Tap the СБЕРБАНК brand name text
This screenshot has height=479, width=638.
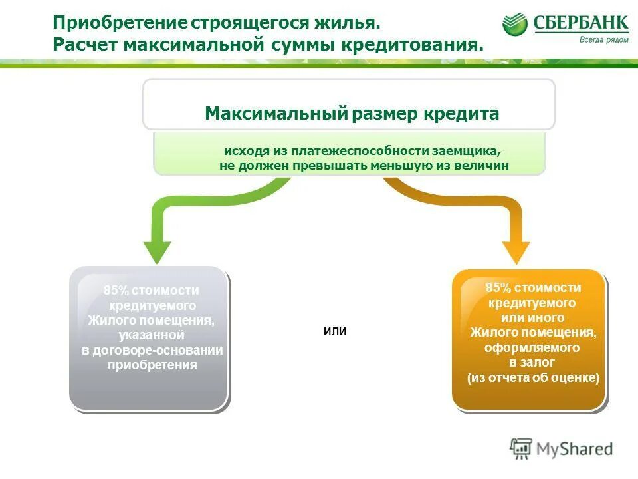pyautogui.click(x=580, y=23)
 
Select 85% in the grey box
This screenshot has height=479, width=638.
pyautogui.click(x=116, y=291)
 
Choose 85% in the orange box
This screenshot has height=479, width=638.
pyautogui.click(x=498, y=288)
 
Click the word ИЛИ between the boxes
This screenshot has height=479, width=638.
pyautogui.click(x=335, y=331)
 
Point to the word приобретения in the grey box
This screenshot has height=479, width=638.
pyautogui.click(x=152, y=365)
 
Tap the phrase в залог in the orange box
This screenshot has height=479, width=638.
pyautogui.click(x=532, y=363)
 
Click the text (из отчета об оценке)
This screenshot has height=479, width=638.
pyautogui.click(x=533, y=378)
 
